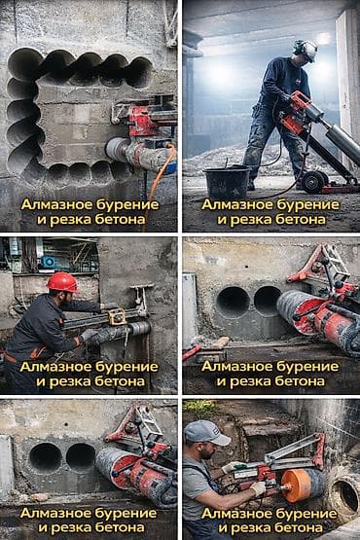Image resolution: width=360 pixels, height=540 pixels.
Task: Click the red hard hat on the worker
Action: tap(62, 282)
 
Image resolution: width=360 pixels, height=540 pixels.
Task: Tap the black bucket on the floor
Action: tap(227, 182)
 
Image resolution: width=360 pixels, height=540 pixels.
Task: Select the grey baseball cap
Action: tap(205, 433)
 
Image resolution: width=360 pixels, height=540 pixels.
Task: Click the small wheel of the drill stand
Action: tap(314, 180)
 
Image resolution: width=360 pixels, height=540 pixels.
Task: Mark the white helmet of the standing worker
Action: tap(306, 51)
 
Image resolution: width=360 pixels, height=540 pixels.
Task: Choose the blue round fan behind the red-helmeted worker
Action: tap(49, 262)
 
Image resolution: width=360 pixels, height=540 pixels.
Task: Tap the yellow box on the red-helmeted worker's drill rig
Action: tap(117, 316)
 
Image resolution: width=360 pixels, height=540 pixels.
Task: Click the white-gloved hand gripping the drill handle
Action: tap(257, 488)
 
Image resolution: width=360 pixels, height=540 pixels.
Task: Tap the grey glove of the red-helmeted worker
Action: tap(89, 334)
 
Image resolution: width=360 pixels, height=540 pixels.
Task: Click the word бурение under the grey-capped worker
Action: tap(303, 514)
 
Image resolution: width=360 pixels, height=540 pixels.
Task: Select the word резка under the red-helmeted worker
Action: tap(70, 381)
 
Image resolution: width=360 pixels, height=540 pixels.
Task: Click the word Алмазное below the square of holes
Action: tap(56, 204)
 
